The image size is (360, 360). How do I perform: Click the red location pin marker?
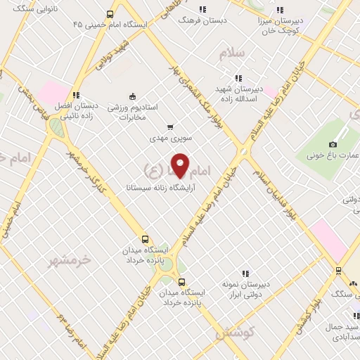181,165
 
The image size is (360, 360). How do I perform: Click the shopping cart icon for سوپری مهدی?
169,127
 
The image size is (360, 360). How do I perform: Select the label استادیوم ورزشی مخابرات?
133,112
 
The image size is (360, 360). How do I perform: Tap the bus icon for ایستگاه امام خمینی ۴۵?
109,14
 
